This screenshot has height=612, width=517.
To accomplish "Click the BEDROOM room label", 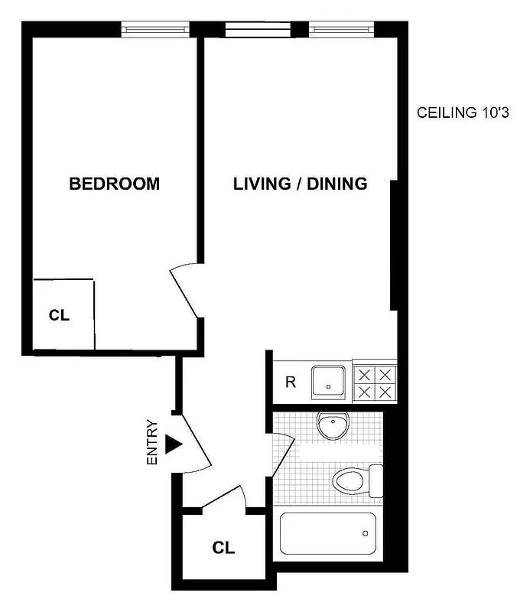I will pyautogui.click(x=115, y=184).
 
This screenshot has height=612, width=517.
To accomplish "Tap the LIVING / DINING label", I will pyautogui.click(x=301, y=184).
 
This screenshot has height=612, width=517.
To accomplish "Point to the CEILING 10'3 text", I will pyautogui.click(x=463, y=113).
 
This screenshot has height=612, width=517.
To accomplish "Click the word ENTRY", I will pyautogui.click(x=152, y=443).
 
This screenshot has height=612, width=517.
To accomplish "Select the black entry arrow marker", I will pyautogui.click(x=174, y=444).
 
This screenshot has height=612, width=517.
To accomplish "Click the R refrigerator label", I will pyautogui.click(x=291, y=382).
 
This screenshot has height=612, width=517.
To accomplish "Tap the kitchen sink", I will pyautogui.click(x=330, y=382).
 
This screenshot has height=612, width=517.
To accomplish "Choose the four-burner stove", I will pyautogui.click(x=374, y=382).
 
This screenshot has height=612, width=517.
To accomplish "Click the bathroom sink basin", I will pyautogui.click(x=333, y=426).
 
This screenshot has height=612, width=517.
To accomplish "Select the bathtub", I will pyautogui.click(x=328, y=533).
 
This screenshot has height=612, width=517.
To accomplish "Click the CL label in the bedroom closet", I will pyautogui.click(x=60, y=314).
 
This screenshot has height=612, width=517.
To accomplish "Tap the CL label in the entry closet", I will pyautogui.click(x=223, y=548).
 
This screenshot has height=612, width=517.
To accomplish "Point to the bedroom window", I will pyautogui.click(x=155, y=30).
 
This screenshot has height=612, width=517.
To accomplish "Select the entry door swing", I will pyautogui.click(x=194, y=442).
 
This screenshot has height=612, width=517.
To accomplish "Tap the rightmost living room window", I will pyautogui.click(x=340, y=30).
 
